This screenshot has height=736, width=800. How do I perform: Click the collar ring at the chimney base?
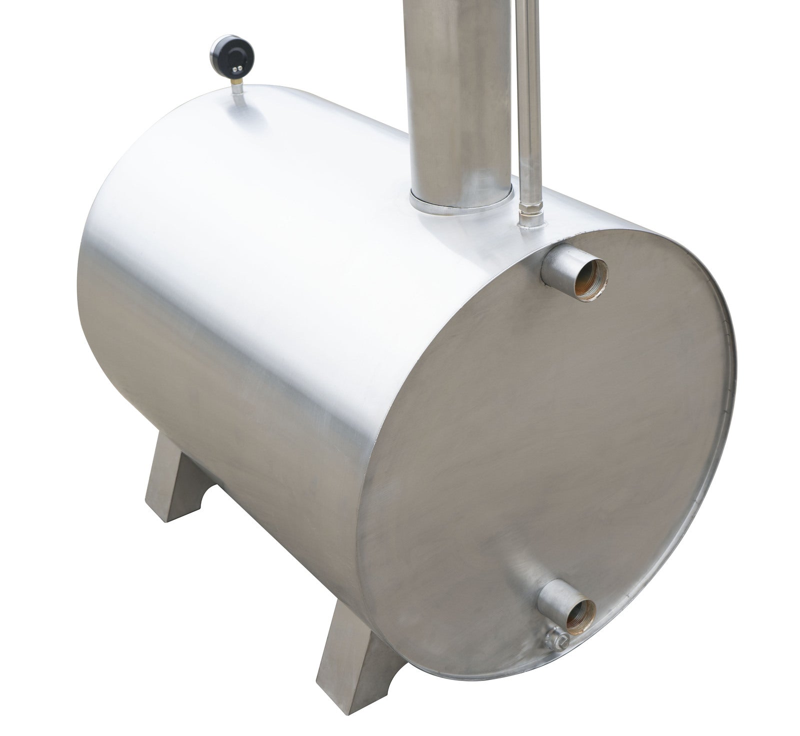coord(460,199)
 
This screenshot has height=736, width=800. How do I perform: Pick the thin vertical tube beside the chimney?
coord(529,100)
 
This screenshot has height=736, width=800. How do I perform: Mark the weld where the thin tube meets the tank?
coord(529,228)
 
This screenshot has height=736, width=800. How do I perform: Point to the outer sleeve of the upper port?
coord(556,265)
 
